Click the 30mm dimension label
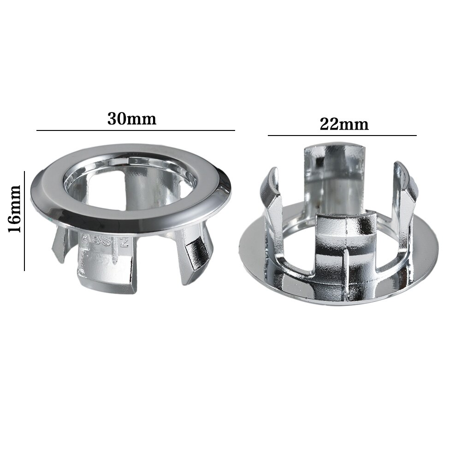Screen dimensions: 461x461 pyautogui.click(x=132, y=118)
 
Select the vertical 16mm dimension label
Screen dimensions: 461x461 pyautogui.click(x=15, y=209)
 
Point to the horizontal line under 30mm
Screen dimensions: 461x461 pyautogui.click(x=136, y=131)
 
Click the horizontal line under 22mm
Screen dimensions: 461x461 pyautogui.click(x=342, y=136)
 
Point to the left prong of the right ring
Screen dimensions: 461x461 pyautogui.click(x=272, y=203)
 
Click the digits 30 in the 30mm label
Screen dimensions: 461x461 pyautogui.click(x=117, y=118)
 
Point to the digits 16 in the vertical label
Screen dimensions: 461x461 pyautogui.click(x=15, y=225)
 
